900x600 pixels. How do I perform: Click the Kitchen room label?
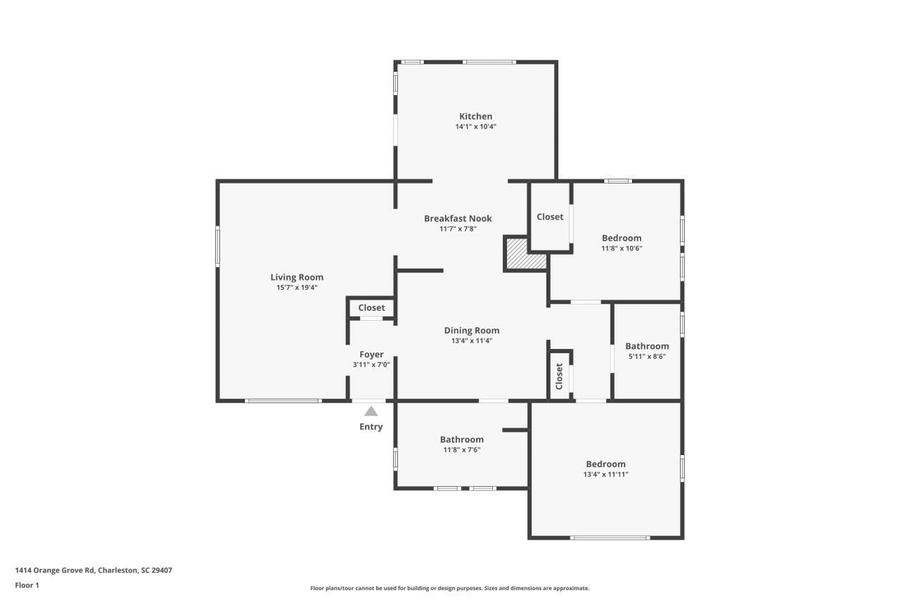[x=475, y=117]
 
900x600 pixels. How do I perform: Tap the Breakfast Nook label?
[x=458, y=219]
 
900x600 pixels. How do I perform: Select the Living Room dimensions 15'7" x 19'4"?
[x=297, y=287]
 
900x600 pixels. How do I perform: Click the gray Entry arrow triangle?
[x=371, y=411]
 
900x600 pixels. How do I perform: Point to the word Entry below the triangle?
[x=371, y=427]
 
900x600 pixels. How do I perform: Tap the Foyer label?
[x=371, y=355]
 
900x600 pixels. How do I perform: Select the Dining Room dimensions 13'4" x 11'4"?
[x=471, y=340]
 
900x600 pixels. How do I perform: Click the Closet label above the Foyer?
[x=371, y=308]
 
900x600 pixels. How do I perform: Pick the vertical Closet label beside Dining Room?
[x=560, y=376]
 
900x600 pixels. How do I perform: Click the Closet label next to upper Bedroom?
[x=550, y=217]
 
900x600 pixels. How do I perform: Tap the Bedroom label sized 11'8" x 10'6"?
[x=622, y=238]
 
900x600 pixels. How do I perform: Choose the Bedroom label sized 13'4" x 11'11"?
[x=605, y=464]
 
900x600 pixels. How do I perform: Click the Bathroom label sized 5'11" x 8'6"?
[x=647, y=346]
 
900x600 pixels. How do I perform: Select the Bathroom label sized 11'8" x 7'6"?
[x=461, y=440]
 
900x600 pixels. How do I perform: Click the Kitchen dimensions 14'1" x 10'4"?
[x=475, y=127]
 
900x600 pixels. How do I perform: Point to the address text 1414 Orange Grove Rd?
[x=93, y=570]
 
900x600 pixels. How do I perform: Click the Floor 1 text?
[x=27, y=585]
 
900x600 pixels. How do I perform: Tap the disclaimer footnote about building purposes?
[x=449, y=588]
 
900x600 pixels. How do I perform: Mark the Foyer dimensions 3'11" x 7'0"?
[x=371, y=364]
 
